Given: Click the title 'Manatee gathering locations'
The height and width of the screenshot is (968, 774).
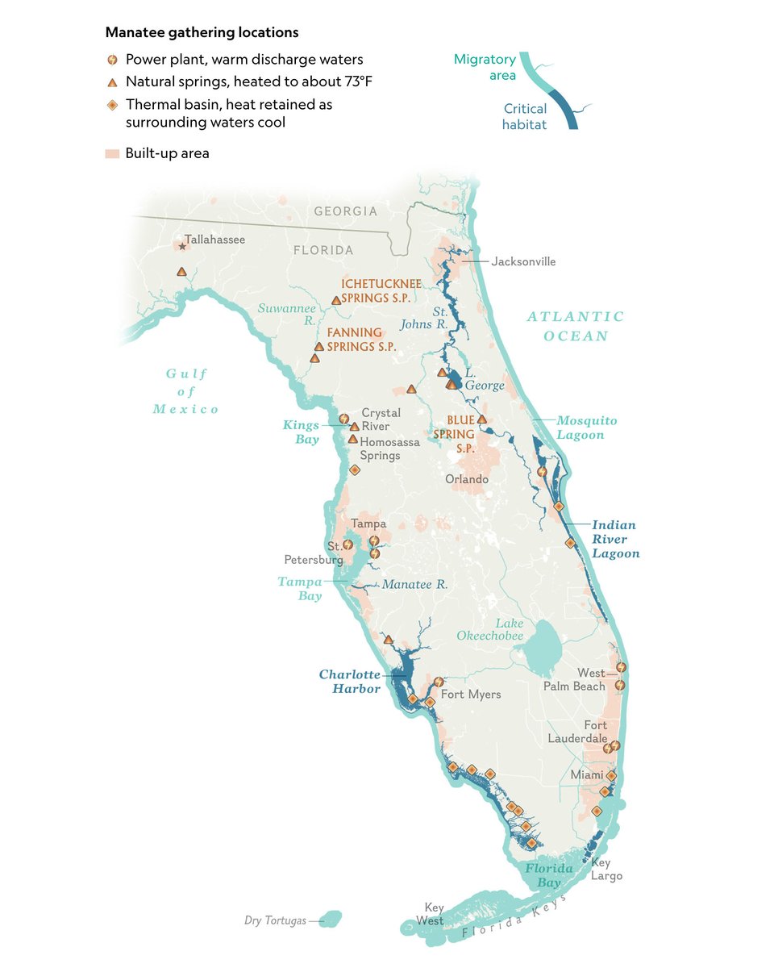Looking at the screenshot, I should pos(202,33).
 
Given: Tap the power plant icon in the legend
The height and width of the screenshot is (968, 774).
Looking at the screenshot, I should pos(113,60).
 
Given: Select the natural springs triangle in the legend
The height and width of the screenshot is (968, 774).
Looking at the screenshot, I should pos(113,82).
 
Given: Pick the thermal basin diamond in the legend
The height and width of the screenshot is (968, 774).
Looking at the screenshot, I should pos(113,105).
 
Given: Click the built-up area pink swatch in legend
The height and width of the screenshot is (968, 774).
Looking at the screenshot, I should pos(113,153).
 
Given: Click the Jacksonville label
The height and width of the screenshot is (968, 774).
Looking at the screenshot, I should pos(523,261).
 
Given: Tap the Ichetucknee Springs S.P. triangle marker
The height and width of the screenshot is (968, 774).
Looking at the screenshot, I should pos(336,301).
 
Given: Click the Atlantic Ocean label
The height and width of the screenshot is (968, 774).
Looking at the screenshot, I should pos(576,327).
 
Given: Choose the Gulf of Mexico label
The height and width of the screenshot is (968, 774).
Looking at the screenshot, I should pos(186,391).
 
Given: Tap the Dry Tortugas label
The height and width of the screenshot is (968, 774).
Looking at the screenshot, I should pos(275,920).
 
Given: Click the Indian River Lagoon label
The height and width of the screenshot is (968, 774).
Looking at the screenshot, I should pos(616,539).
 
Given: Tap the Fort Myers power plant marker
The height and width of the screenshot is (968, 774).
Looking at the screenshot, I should pos(438,682).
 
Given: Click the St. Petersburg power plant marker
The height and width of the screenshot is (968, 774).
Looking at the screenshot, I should pos(347,544).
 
